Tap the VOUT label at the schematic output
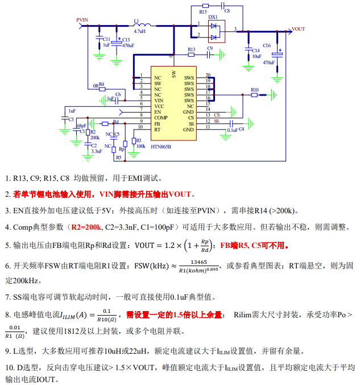click(x=298, y=28)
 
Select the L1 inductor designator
click(x=136, y=20)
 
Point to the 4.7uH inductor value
click(x=139, y=31)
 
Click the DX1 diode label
click(x=213, y=17)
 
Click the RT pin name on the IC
click(x=156, y=130)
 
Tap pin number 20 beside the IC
click(x=208, y=75)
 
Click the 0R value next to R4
click(x=95, y=86)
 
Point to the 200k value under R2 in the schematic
click(x=94, y=137)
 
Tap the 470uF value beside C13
click(x=128, y=45)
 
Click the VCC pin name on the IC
click(x=159, y=106)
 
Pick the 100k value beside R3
click(x=140, y=146)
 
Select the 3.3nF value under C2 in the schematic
click(x=96, y=152)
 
